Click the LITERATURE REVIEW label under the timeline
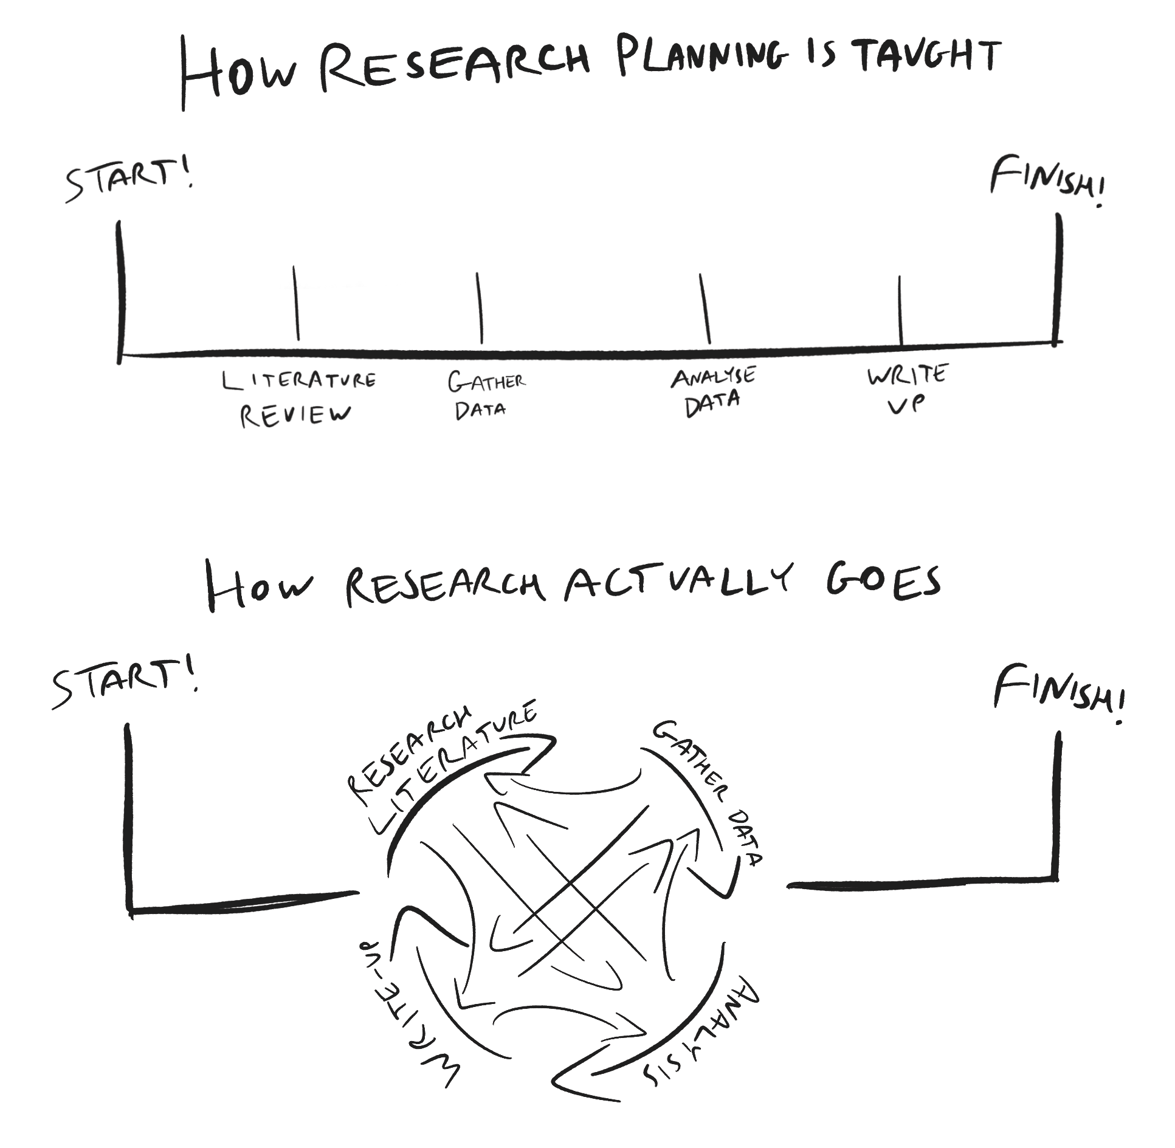coord(298,398)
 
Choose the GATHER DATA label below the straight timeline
coord(485,396)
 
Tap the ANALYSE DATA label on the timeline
coord(712,392)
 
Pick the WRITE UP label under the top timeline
coord(906,389)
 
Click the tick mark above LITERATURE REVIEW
coord(296,303)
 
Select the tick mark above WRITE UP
coord(900,310)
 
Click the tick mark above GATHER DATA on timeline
coord(480,308)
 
